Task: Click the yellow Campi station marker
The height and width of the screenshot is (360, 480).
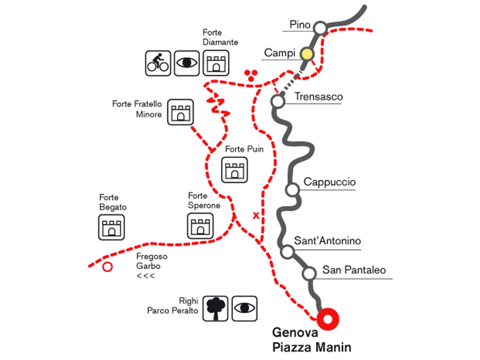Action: point(307,54)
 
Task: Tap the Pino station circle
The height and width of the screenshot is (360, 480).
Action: point(320,28)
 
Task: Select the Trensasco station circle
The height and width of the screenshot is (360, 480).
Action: point(277,101)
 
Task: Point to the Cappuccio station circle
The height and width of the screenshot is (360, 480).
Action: point(292,190)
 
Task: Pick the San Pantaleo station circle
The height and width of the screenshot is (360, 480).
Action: point(309,274)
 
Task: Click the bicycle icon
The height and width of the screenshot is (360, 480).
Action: point(158,62)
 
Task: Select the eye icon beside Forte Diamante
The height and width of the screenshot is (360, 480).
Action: point(187,62)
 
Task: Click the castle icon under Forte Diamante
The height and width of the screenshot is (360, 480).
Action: point(215,62)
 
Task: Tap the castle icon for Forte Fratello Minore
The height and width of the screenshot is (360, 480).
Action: point(181,111)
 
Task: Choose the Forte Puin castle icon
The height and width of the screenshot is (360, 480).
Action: point(234,170)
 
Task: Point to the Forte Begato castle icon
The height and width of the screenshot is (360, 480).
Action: point(111,227)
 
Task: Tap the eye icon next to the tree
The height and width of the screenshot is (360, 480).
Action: point(244,307)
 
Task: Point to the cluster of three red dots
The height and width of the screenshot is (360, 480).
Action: point(252,74)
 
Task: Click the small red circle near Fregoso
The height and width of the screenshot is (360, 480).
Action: point(107,267)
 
